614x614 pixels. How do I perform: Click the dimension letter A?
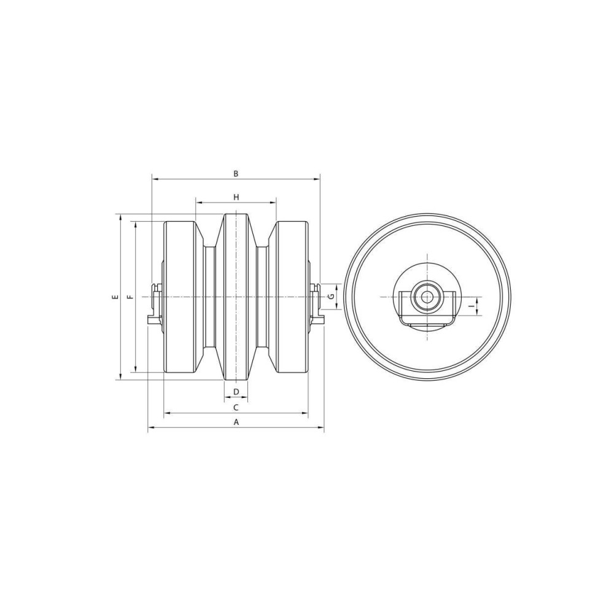pyautogui.click(x=236, y=422)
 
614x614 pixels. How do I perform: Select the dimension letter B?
pyautogui.click(x=236, y=174)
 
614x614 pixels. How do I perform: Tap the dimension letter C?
pyautogui.click(x=236, y=408)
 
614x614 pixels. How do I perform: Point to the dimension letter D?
pyautogui.click(x=236, y=392)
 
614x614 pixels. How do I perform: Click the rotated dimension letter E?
pyautogui.click(x=115, y=297)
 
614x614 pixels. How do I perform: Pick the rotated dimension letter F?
pyautogui.click(x=131, y=297)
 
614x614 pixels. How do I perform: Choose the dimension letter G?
pyautogui.click(x=332, y=297)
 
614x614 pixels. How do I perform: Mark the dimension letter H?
pyautogui.click(x=236, y=197)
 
